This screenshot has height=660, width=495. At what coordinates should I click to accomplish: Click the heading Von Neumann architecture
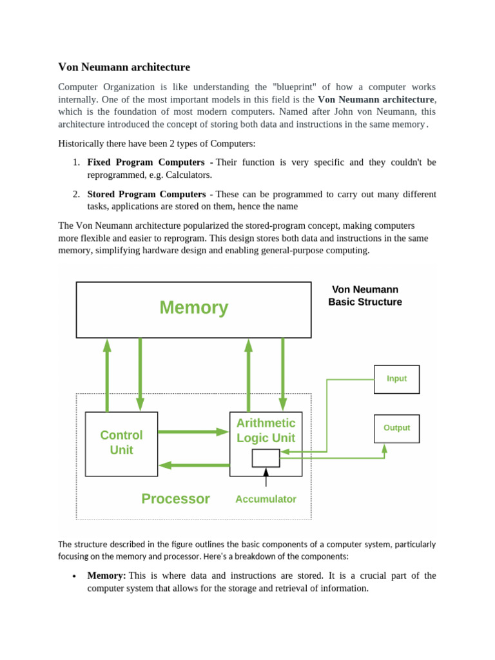coord(124,67)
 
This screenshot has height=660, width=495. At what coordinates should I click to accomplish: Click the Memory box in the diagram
coord(193,309)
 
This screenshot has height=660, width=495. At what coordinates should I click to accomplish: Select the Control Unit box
coord(121,443)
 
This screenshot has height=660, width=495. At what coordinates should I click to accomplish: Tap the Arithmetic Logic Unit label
coord(266,431)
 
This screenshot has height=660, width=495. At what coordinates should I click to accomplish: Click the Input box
coord(396,379)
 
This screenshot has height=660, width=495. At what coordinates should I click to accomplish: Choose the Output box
coord(396,428)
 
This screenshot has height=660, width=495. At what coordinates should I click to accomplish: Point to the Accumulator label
coord(266,499)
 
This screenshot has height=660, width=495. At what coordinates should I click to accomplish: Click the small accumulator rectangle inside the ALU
coord(266,458)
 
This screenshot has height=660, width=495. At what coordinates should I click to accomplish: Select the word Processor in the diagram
coord(175,499)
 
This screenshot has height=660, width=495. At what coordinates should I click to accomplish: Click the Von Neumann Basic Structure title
coord(365,296)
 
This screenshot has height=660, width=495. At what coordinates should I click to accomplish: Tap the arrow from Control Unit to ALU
coord(193,432)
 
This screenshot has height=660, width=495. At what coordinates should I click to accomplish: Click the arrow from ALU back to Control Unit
coord(193,464)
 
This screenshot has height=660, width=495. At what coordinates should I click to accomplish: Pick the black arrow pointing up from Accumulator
coord(266,478)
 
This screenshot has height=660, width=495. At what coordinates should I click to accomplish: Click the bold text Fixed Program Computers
coord(146,162)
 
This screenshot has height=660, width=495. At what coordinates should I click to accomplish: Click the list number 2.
coord(75,195)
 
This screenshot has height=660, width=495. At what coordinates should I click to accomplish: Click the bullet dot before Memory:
coord(75,576)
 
